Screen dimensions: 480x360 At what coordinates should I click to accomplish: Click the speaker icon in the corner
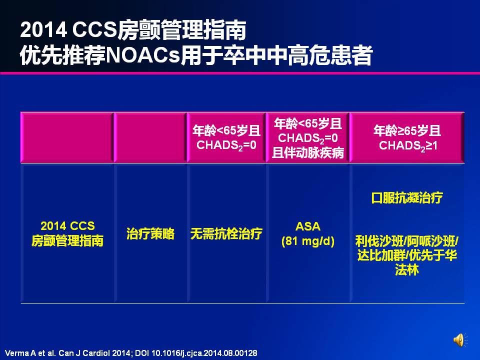click(460, 340)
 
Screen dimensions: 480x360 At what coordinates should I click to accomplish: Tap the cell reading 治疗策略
click(150, 233)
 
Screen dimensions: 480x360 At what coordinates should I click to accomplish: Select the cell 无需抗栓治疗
click(226, 233)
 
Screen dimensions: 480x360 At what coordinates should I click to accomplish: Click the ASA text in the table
click(307, 226)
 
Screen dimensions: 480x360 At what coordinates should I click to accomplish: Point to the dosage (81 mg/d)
click(307, 241)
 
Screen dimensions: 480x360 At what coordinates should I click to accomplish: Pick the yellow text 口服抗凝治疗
click(407, 198)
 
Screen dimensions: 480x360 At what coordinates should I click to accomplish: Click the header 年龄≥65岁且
click(407, 130)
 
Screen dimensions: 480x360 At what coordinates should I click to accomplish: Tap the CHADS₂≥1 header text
click(408, 145)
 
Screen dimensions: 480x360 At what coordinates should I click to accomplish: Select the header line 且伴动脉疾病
click(307, 152)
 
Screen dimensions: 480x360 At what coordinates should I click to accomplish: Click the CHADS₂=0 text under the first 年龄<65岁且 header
click(226, 145)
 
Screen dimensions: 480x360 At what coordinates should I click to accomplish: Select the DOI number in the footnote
click(204, 353)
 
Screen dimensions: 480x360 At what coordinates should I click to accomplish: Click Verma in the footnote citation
click(16, 353)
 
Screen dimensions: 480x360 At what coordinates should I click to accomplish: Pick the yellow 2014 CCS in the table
click(67, 226)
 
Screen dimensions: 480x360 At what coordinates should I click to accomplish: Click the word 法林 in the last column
click(407, 270)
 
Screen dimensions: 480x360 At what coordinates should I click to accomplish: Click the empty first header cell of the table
click(67, 137)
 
